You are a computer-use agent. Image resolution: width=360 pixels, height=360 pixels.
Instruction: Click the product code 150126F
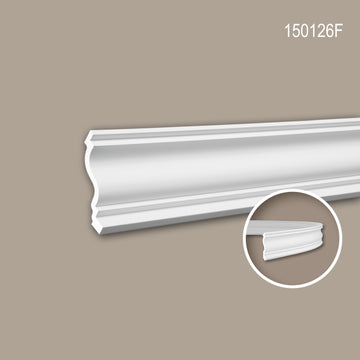tap(313, 31)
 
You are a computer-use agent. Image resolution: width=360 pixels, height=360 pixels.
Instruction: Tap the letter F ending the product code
tap(338, 31)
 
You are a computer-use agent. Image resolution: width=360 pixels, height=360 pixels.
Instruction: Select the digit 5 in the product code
tap(295, 31)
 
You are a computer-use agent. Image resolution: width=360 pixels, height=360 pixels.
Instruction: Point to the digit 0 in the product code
tap(305, 31)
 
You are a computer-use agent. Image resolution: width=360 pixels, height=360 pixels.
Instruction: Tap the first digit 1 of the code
tap(287, 31)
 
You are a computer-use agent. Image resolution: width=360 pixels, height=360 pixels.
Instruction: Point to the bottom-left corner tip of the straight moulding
tap(101, 234)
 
